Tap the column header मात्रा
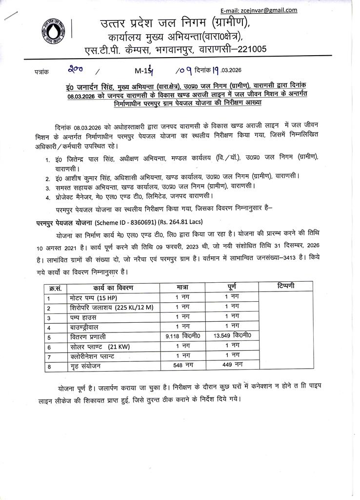(182, 287)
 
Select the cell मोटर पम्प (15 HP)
(94, 298)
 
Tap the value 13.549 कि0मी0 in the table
(232, 336)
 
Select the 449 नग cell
(232, 365)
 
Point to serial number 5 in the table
(49, 337)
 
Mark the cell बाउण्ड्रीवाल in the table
(88, 327)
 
